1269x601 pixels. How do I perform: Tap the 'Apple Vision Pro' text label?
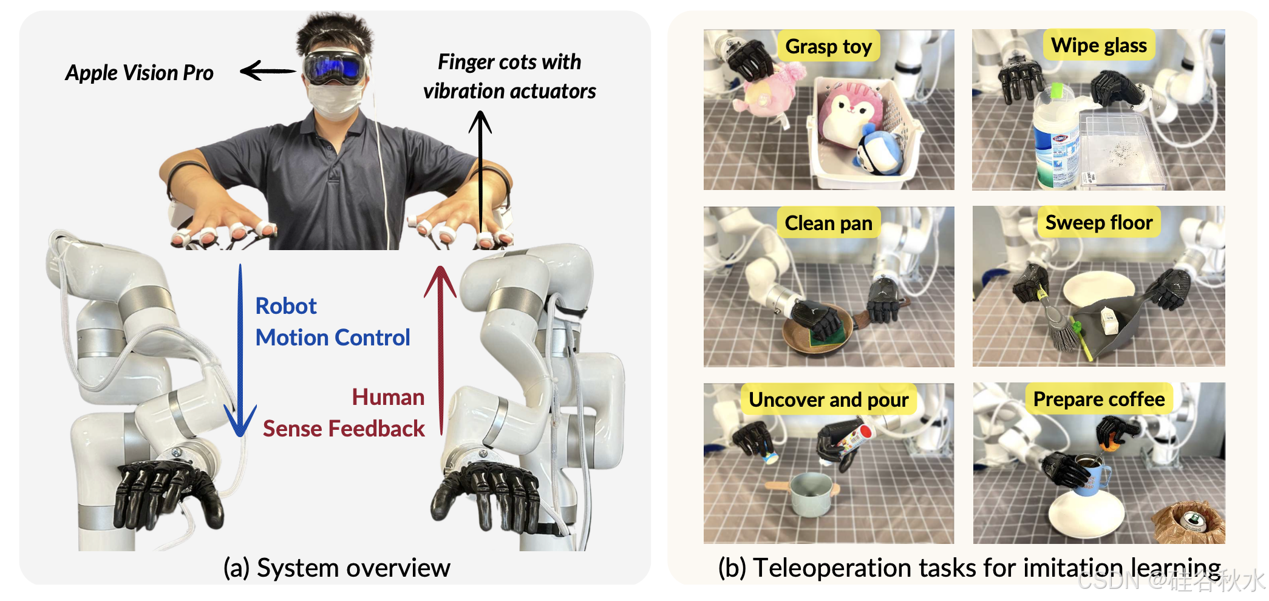click(x=140, y=73)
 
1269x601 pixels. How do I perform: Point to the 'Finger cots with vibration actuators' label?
click(x=509, y=76)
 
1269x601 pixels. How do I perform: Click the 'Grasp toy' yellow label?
click(x=828, y=46)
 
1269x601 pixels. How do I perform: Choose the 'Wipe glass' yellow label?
click(x=1099, y=45)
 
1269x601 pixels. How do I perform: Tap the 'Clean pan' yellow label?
click(x=828, y=223)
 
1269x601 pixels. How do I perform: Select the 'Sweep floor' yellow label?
click(x=1099, y=222)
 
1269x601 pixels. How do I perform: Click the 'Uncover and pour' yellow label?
click(x=828, y=399)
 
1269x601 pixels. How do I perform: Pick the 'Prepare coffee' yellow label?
click(x=1099, y=399)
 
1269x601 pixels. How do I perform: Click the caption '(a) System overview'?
click(x=337, y=568)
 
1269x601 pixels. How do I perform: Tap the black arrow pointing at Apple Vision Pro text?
click(x=267, y=71)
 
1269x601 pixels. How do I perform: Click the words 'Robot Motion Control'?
click(x=333, y=322)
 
